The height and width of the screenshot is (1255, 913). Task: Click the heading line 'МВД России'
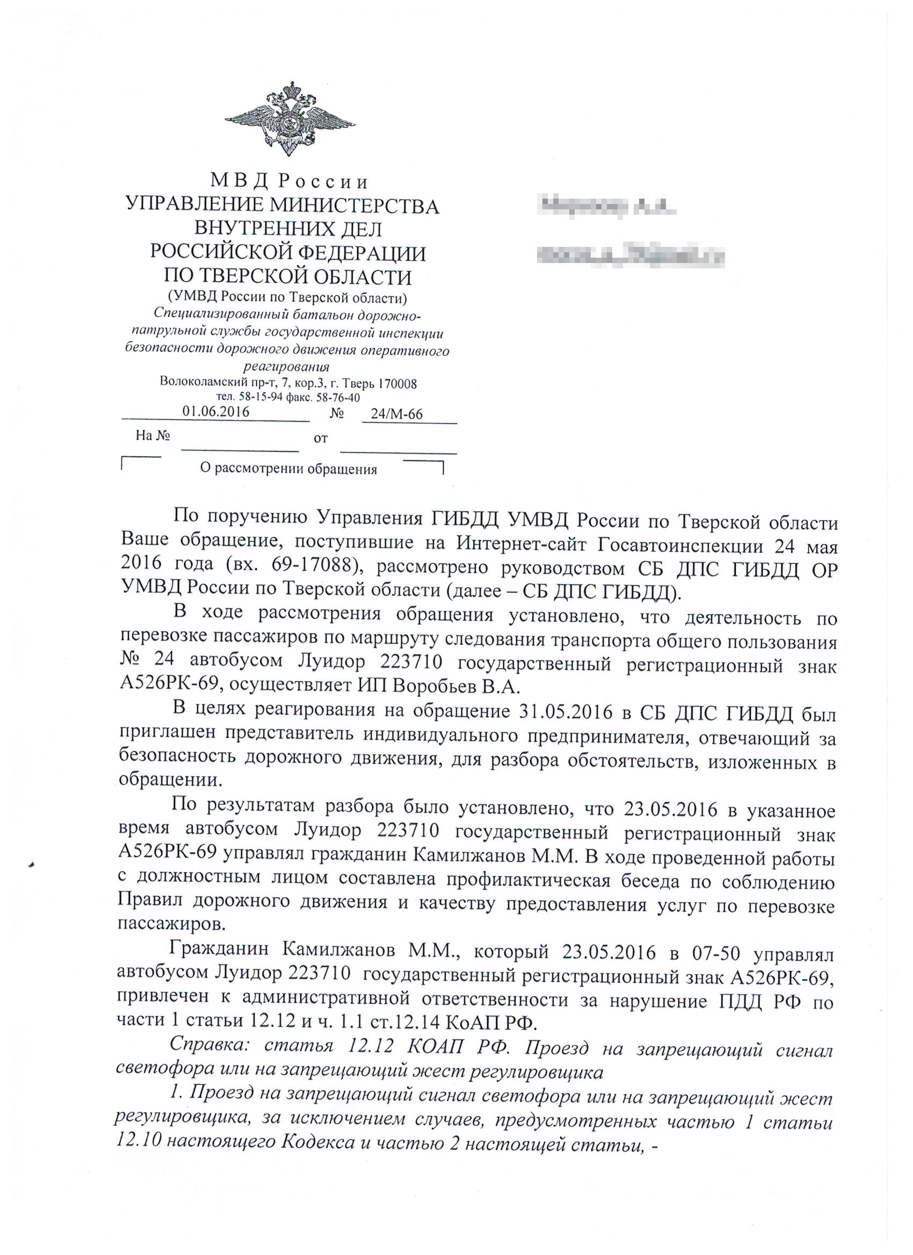pos(289,181)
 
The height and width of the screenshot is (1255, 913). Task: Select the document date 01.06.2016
pos(216,411)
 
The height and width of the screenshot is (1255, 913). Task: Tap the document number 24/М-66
pos(396,414)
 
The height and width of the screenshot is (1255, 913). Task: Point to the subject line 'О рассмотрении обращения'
pos(288,469)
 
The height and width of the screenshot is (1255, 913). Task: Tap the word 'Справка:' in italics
pos(211,1045)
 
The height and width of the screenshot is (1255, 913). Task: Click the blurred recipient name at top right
pos(606,208)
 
